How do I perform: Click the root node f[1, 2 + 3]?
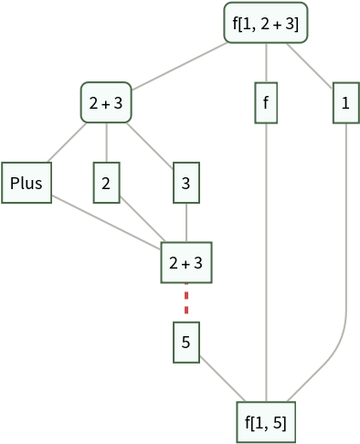point(266,23)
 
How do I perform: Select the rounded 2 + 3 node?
point(106,104)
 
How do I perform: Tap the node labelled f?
point(266,104)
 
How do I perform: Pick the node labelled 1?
point(345,104)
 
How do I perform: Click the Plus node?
point(26,184)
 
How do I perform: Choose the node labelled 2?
point(106,184)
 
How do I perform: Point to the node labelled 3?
point(186,184)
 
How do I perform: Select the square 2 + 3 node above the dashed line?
point(186,263)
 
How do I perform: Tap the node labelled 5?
point(186,343)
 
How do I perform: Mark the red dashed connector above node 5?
point(186,302)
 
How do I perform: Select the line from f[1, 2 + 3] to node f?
point(266,64)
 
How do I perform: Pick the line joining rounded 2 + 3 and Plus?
point(67,143)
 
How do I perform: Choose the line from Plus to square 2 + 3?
point(105,223)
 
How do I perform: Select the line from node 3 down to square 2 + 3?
point(186,223)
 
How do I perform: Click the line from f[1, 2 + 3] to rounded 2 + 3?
point(183,65)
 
